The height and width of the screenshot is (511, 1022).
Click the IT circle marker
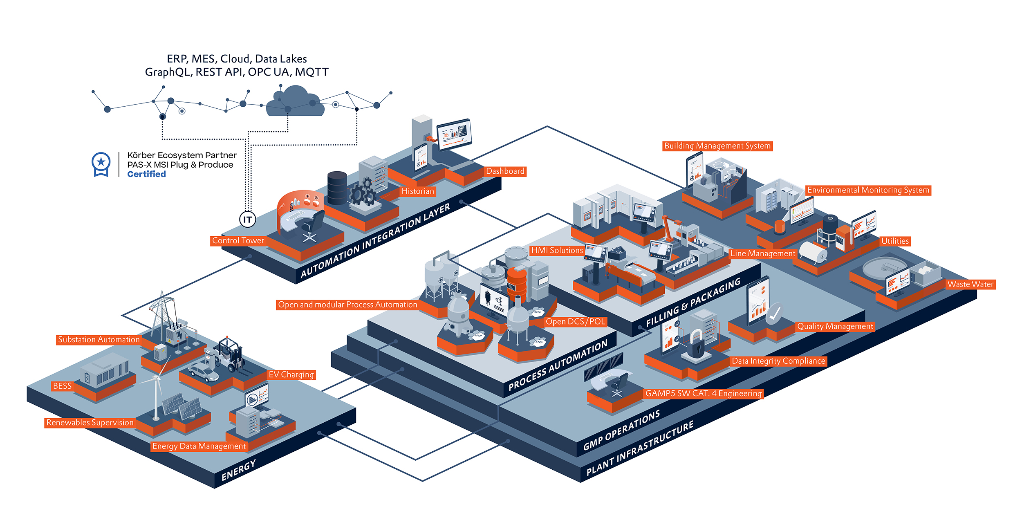click(247, 220)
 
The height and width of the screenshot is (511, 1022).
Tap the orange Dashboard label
click(505, 171)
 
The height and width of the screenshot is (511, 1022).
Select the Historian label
click(417, 191)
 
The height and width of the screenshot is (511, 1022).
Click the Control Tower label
click(238, 241)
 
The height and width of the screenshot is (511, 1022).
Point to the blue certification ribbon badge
click(101, 164)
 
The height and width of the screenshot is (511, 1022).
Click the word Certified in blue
click(146, 174)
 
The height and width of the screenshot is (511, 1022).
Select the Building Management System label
click(717, 146)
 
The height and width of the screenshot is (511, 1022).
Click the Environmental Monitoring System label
click(868, 190)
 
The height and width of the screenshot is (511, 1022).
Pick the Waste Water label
click(970, 284)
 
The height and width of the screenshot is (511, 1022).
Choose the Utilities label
click(894, 241)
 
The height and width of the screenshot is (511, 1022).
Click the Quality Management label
click(835, 326)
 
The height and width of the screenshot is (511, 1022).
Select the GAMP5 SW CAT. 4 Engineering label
click(703, 394)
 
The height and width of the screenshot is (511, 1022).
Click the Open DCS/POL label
click(575, 322)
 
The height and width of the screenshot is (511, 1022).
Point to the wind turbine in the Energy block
click(156, 392)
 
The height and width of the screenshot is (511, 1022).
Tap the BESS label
click(62, 386)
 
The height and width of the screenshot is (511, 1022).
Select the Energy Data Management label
click(199, 446)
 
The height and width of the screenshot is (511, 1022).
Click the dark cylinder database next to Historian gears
click(337, 188)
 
